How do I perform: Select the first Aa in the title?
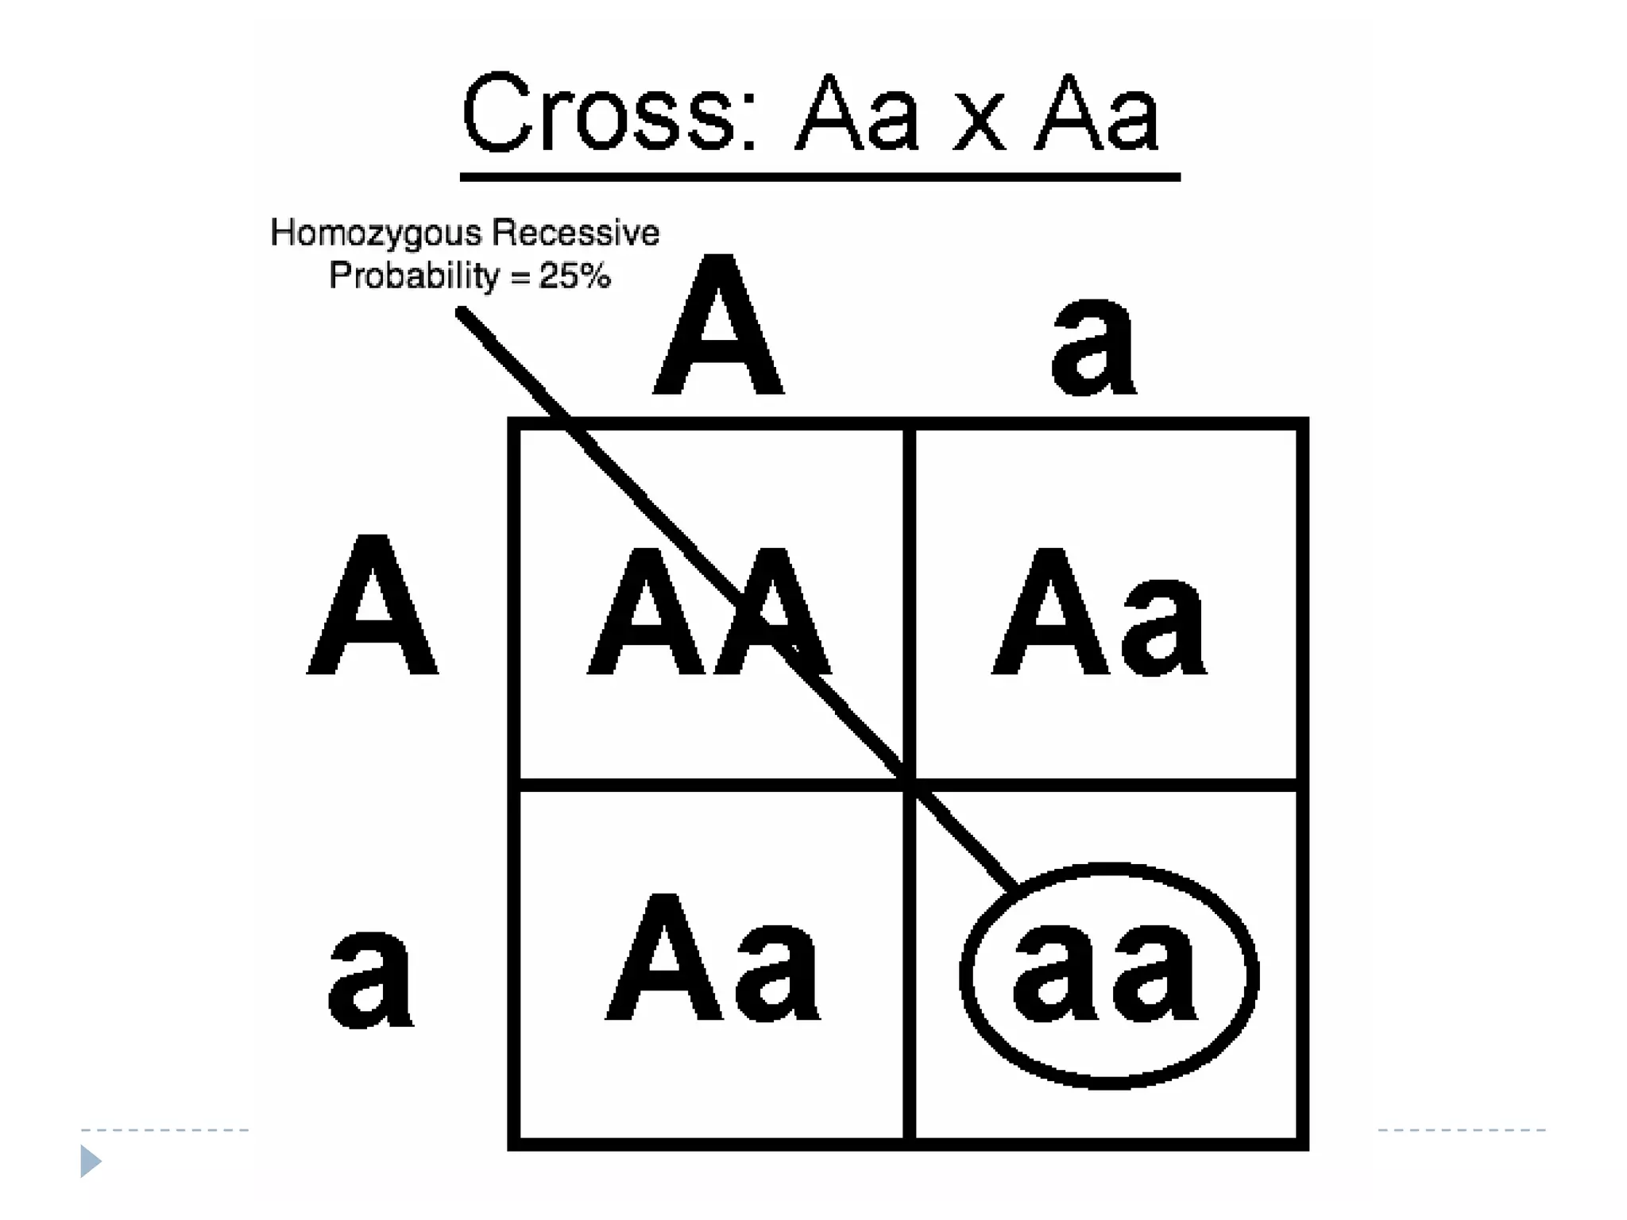point(858,114)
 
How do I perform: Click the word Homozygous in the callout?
point(376,234)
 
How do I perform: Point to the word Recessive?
point(575,233)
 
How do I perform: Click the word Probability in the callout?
point(414,276)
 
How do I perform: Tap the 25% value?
point(574,276)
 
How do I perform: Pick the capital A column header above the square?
point(718,326)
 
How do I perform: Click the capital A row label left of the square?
point(373,606)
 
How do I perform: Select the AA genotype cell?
point(709,612)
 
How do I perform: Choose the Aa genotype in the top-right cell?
point(1099,612)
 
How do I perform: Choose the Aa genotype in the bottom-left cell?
point(713,959)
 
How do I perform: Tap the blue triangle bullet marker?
point(91,1161)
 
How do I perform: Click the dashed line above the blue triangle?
point(164,1129)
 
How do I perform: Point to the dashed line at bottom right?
point(1462,1129)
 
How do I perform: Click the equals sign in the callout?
point(520,277)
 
